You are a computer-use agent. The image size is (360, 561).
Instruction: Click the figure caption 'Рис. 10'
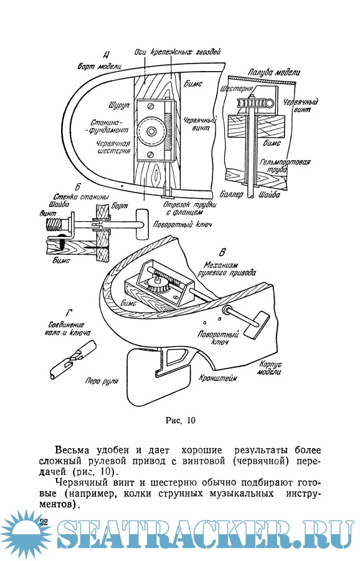coord(181,420)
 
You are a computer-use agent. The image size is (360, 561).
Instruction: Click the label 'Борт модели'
coord(100,66)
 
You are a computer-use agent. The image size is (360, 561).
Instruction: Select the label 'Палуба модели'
coord(274,72)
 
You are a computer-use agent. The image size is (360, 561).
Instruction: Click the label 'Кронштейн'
coord(218,378)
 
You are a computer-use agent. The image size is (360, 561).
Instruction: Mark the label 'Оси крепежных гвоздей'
coord(178,52)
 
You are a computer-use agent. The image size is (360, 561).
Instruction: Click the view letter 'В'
coord(222,252)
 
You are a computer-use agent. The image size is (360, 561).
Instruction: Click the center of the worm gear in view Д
coord(151,131)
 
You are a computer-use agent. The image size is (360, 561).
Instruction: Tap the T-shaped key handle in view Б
coord(142,224)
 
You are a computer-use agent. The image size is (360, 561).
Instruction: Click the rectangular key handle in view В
coord(257,324)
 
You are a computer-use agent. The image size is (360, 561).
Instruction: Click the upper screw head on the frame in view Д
coord(151,106)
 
